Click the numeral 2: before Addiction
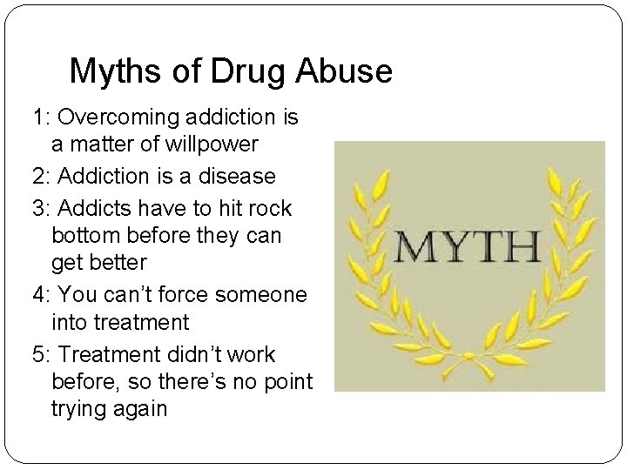[x=40, y=176]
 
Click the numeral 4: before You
[x=40, y=294]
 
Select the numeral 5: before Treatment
[x=40, y=354]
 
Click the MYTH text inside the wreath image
[x=469, y=247]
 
